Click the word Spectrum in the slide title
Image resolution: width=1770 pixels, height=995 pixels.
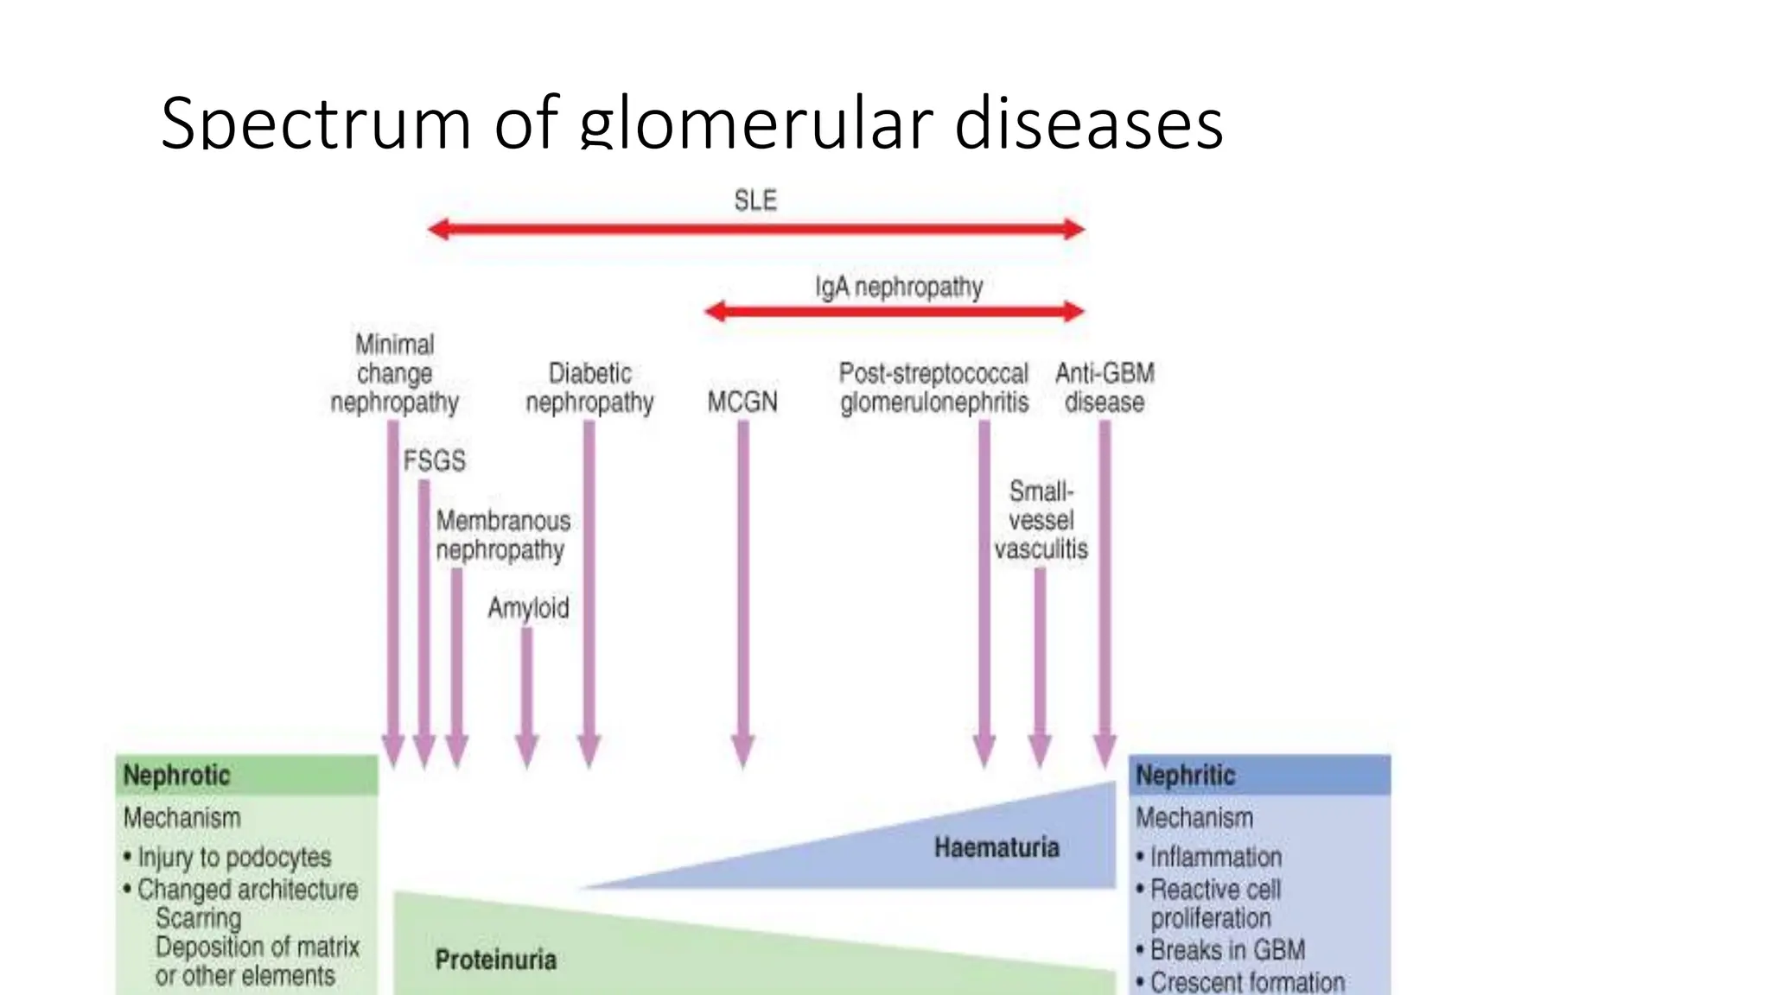coord(315,124)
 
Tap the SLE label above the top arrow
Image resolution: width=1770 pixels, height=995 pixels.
coord(755,200)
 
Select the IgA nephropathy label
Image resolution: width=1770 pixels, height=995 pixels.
coord(899,286)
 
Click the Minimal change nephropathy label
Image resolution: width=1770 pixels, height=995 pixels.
coord(395,373)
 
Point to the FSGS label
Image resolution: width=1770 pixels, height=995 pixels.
coord(434,460)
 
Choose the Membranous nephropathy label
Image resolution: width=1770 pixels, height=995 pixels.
coord(502,535)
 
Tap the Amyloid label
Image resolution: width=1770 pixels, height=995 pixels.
coord(528,607)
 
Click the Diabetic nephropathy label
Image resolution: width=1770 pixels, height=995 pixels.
coord(589,387)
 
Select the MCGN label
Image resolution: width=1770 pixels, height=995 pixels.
coord(742,402)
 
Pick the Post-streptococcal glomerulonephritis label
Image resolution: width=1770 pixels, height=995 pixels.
coord(934,387)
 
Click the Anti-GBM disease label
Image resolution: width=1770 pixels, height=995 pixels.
coord(1105,387)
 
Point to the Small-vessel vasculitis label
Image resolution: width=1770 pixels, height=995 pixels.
coord(1041,520)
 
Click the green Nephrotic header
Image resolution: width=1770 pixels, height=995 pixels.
coord(177,775)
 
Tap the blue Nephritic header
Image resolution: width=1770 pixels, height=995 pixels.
coord(1185,775)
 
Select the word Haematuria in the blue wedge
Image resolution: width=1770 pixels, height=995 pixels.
coord(996,846)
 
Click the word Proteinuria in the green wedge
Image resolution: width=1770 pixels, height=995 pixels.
coord(495,960)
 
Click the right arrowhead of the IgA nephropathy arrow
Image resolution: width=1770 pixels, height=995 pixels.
coord(1073,311)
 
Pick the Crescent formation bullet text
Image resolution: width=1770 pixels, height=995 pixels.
coord(1247,982)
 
